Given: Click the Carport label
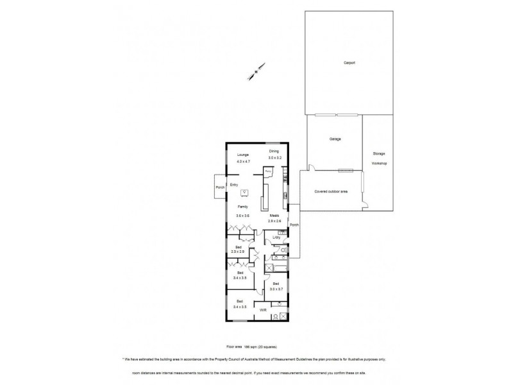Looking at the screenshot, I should [x=349, y=62].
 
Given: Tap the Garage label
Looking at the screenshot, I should [x=335, y=139].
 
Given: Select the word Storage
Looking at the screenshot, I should [x=378, y=154].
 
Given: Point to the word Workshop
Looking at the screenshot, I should [x=379, y=164].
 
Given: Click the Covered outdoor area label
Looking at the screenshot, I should [x=330, y=191].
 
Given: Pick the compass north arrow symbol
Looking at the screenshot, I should [x=258, y=69].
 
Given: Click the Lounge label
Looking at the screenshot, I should [x=242, y=155].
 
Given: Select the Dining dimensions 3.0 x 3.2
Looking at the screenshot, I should [x=275, y=157].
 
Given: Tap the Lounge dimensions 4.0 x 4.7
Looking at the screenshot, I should [x=243, y=162].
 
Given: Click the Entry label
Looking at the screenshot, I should [x=235, y=185].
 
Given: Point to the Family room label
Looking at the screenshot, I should [x=243, y=207].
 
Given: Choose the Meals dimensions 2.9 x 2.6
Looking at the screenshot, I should [x=275, y=221].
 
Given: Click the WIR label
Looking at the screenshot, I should [x=263, y=309].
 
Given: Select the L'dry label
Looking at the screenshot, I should [x=276, y=238].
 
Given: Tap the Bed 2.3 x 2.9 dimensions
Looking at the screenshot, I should [x=238, y=252].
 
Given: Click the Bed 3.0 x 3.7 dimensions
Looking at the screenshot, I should [x=276, y=289].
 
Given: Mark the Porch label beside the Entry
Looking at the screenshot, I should [x=220, y=187].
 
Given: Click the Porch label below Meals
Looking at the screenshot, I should [x=294, y=225].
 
